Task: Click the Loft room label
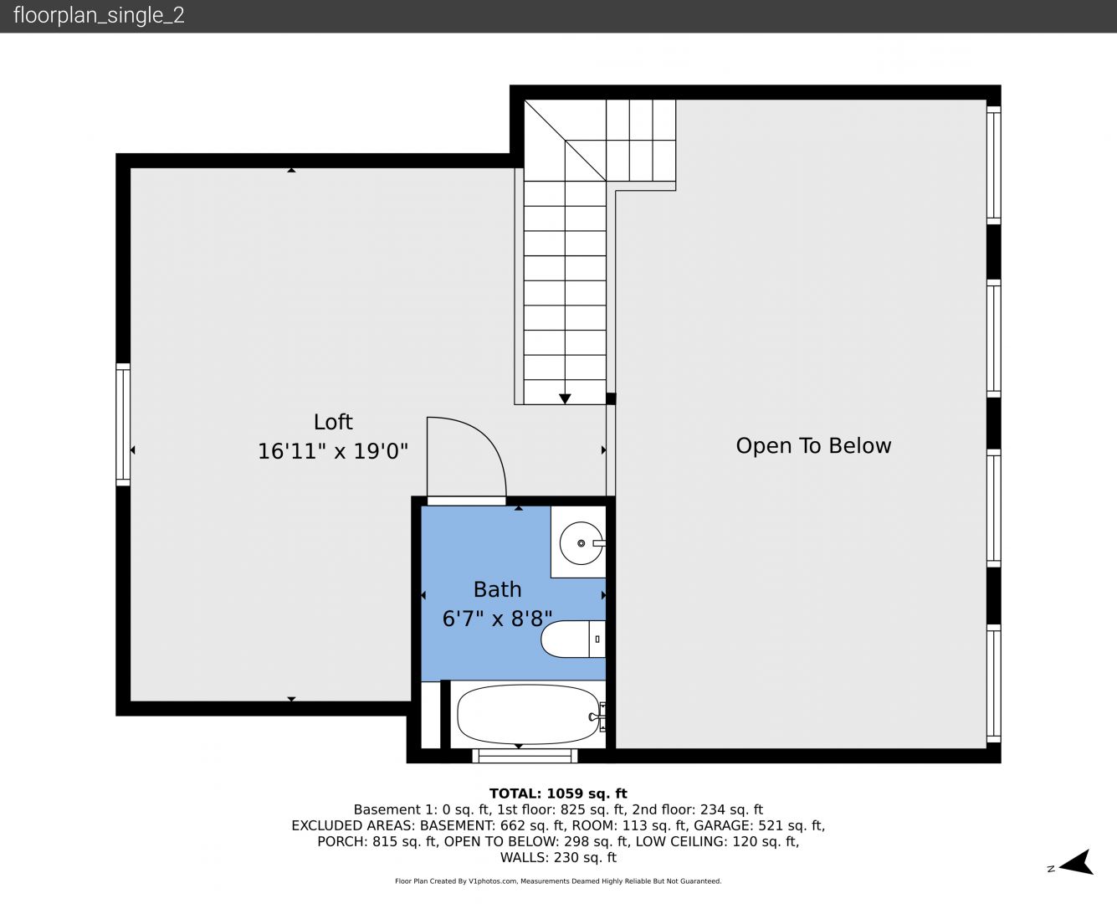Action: (333, 422)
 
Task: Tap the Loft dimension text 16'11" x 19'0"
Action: (333, 451)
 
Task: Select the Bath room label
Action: (497, 590)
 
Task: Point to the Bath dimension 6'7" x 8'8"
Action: (497, 619)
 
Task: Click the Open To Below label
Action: (813, 446)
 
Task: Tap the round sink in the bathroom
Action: (581, 543)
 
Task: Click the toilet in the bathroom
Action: (572, 639)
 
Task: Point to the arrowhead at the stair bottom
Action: (565, 398)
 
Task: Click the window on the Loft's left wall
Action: (123, 424)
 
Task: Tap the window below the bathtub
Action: (525, 756)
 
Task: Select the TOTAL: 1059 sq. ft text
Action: (558, 794)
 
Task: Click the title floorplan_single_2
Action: (99, 16)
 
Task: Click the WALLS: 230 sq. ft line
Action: (558, 858)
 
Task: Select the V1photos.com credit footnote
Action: (558, 881)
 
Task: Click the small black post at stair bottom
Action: (611, 398)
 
